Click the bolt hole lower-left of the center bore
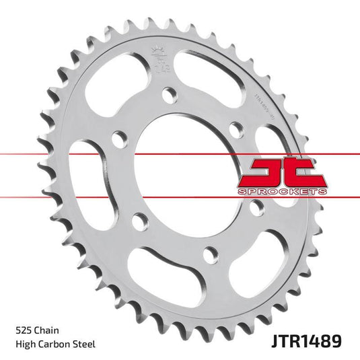pyautogui.click(x=139, y=220)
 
